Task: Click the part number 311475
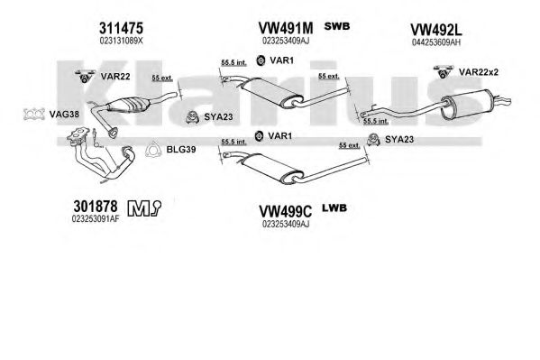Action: click(121, 28)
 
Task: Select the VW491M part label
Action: click(286, 28)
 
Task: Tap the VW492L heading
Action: click(436, 30)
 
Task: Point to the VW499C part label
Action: click(285, 211)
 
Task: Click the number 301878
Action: click(96, 207)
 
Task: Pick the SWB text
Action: click(337, 26)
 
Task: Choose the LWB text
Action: click(334, 208)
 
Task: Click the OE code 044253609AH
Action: click(436, 42)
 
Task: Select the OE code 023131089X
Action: click(121, 41)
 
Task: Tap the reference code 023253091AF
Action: click(96, 219)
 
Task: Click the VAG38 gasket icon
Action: click(34, 114)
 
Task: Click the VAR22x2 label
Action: click(479, 72)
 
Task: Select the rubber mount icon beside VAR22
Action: click(85, 76)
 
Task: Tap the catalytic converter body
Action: click(127, 105)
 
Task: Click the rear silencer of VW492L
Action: click(467, 105)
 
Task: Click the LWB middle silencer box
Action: click(272, 169)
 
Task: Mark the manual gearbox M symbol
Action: click(139, 208)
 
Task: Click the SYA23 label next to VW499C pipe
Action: click(399, 139)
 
